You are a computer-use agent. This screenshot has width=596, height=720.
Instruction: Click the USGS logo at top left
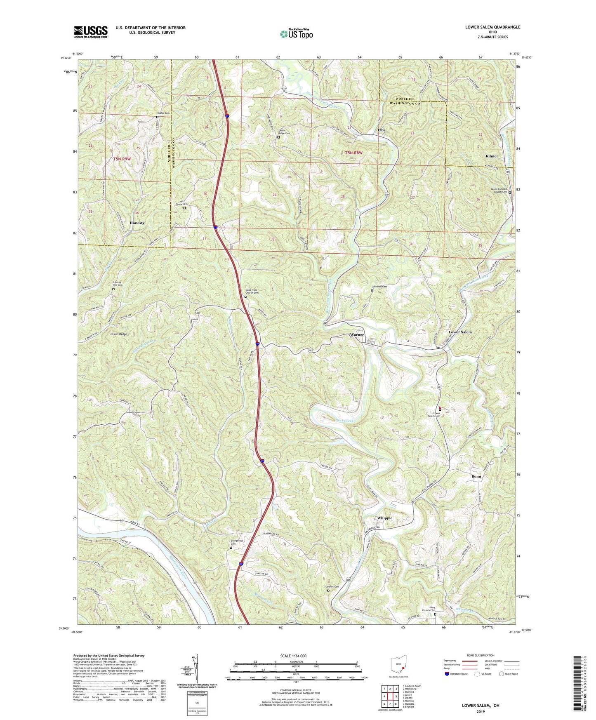91,32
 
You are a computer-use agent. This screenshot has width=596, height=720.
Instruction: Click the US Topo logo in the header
296,34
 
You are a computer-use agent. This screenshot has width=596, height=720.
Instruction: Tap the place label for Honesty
137,223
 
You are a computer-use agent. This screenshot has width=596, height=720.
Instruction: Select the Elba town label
382,130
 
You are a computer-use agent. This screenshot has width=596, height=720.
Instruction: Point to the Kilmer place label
492,156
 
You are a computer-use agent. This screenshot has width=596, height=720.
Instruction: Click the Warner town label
357,334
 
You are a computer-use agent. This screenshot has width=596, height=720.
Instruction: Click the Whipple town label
385,518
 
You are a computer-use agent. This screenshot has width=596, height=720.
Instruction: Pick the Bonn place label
476,476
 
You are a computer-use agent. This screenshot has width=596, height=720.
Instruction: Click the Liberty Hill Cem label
118,284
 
